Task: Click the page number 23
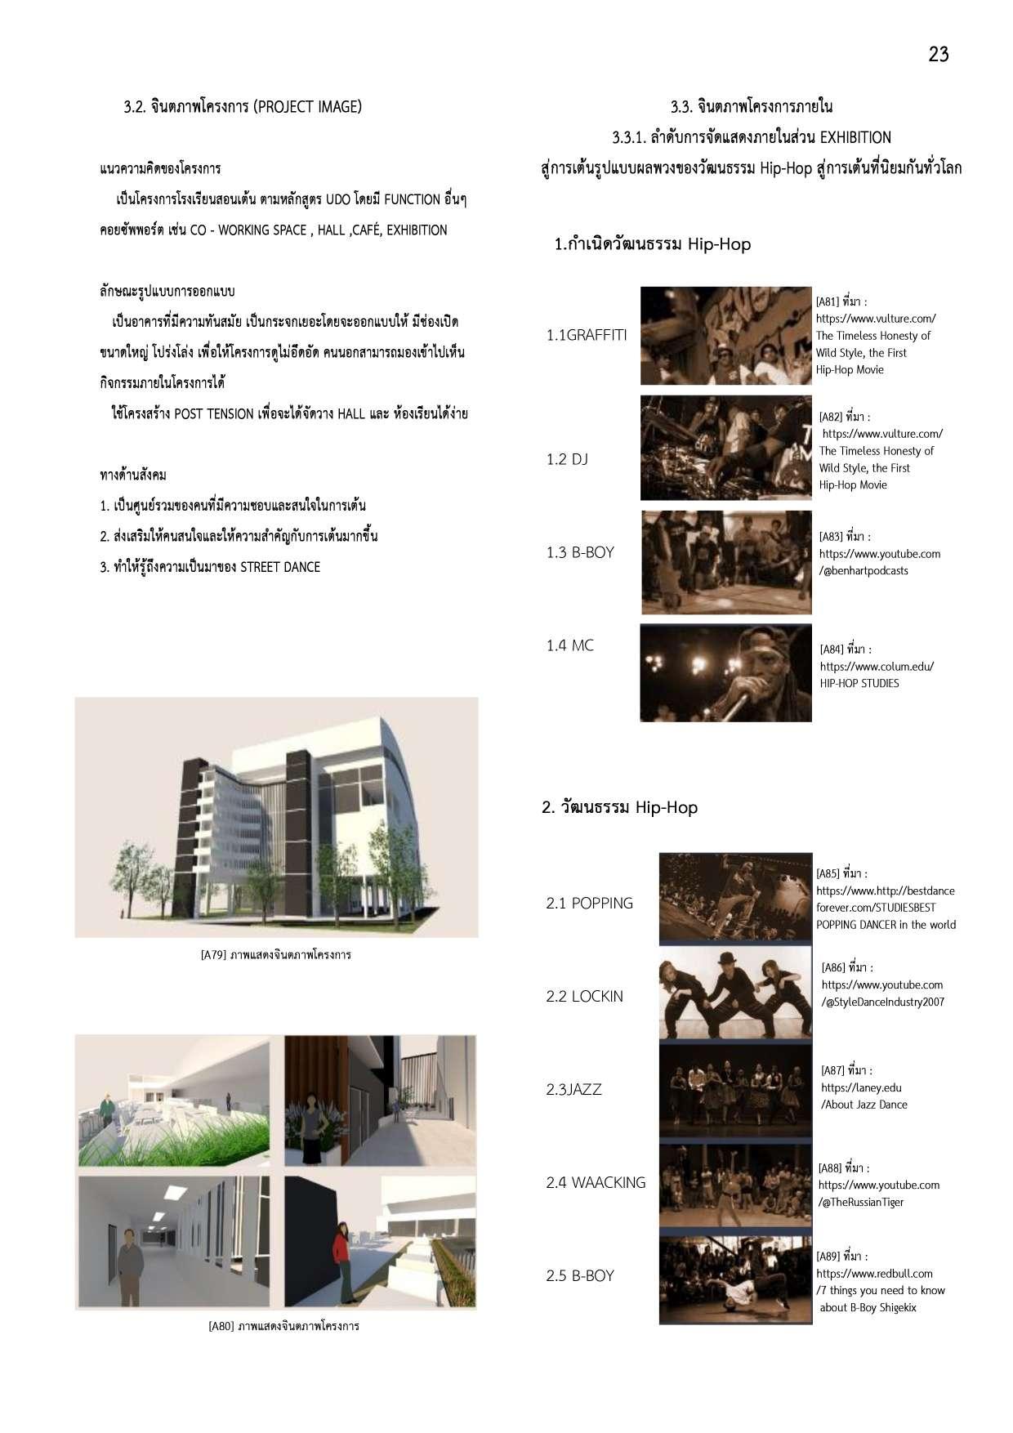[x=938, y=55]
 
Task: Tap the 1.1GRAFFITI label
[x=587, y=335]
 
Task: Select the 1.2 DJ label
[x=567, y=459]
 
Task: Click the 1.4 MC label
[x=569, y=645]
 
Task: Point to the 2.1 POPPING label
[x=589, y=903]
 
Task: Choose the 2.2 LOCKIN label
[x=584, y=996]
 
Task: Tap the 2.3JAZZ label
[x=573, y=1089]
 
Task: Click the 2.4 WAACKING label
[x=596, y=1182]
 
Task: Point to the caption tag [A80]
[x=221, y=1326]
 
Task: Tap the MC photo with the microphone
[x=725, y=673]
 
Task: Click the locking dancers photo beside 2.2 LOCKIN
[x=735, y=994]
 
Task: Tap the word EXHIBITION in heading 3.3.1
[x=855, y=137]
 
